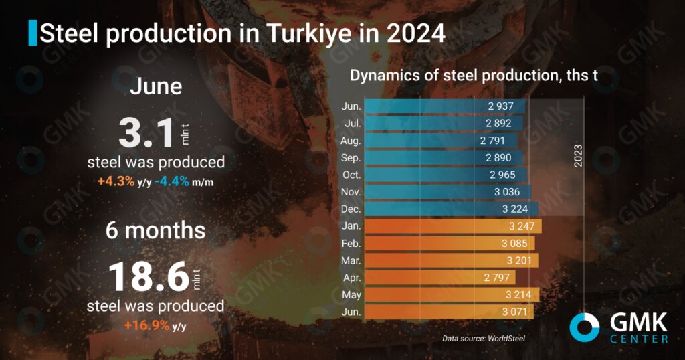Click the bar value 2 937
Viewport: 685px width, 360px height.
point(500,106)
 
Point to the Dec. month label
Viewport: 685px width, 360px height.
point(351,209)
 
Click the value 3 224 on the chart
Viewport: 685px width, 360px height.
point(515,209)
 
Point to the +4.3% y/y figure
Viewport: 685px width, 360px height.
point(114,181)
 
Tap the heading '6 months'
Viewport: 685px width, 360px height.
point(156,230)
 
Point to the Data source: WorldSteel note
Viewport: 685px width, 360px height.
point(483,339)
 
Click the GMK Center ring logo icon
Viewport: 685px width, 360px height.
point(584,326)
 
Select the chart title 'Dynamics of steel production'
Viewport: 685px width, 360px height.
point(474,76)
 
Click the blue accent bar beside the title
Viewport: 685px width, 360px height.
point(32,33)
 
